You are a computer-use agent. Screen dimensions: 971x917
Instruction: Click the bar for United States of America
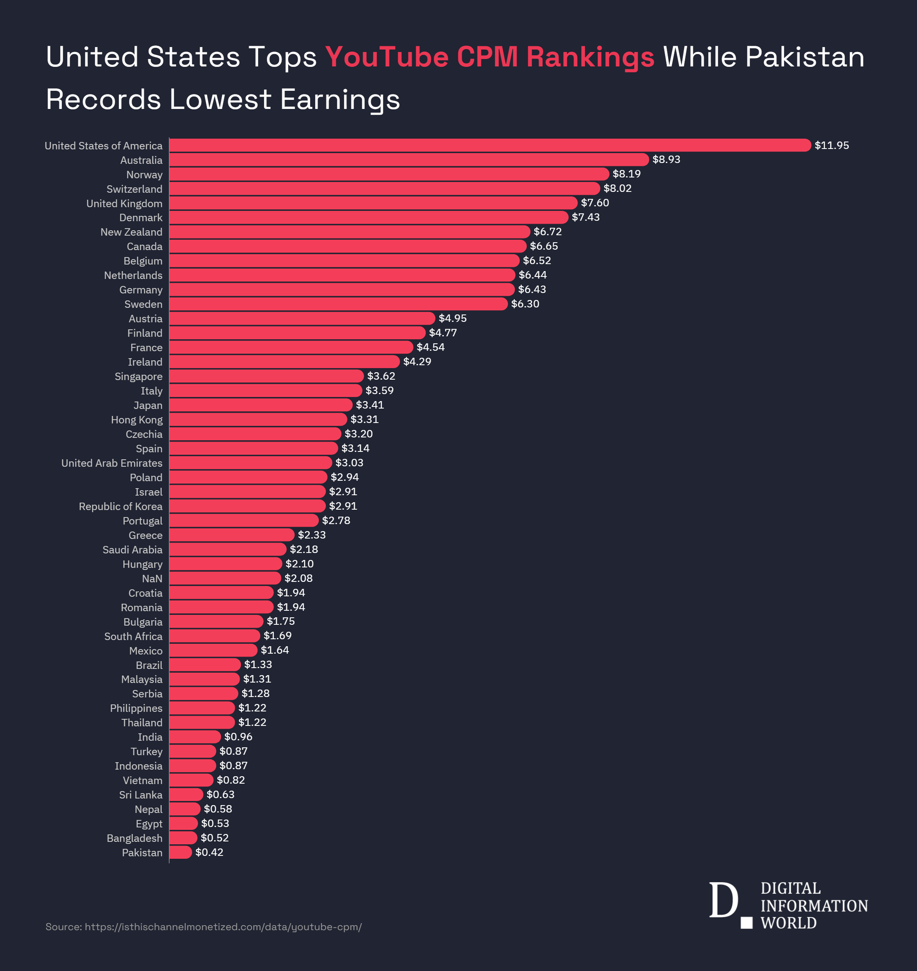(x=489, y=145)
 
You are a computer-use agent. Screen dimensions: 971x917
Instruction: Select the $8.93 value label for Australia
(x=666, y=159)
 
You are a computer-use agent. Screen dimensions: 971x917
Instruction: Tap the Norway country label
(x=144, y=175)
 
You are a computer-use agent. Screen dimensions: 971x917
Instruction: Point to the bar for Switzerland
(x=384, y=188)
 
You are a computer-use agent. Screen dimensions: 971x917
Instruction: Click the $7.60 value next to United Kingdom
(x=594, y=203)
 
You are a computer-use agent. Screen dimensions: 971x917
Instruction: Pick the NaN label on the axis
(x=152, y=579)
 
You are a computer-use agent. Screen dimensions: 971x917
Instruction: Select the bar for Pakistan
(x=180, y=852)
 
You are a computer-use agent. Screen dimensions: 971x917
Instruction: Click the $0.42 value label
(x=209, y=852)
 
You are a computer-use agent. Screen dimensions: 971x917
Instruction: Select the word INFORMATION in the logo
(x=814, y=905)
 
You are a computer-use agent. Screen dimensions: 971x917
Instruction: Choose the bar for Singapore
(x=266, y=376)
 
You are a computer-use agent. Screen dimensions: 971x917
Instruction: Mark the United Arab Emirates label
(x=111, y=463)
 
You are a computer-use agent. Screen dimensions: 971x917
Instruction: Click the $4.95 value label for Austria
(x=452, y=318)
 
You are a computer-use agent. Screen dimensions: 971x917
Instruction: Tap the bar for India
(x=195, y=737)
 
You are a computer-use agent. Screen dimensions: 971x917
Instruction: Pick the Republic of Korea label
(x=120, y=506)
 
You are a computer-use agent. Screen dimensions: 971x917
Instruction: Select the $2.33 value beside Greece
(x=311, y=535)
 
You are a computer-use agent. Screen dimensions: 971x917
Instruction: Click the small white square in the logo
(x=746, y=923)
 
